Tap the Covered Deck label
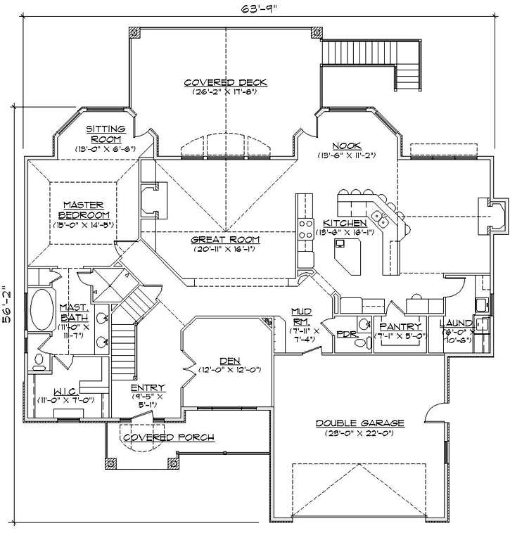point(226,82)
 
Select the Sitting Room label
point(106,134)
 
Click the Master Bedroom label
point(84,210)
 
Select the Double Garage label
point(359,423)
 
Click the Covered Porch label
point(169,437)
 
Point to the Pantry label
point(400,326)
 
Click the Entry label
point(148,387)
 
